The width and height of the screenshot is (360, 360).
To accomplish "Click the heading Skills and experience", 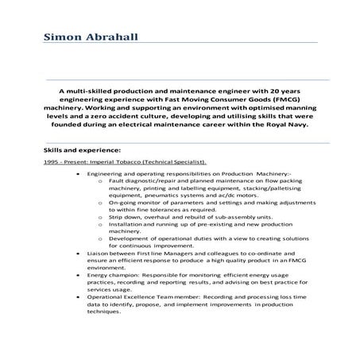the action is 83,149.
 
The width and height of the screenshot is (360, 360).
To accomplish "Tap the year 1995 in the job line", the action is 52,161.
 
